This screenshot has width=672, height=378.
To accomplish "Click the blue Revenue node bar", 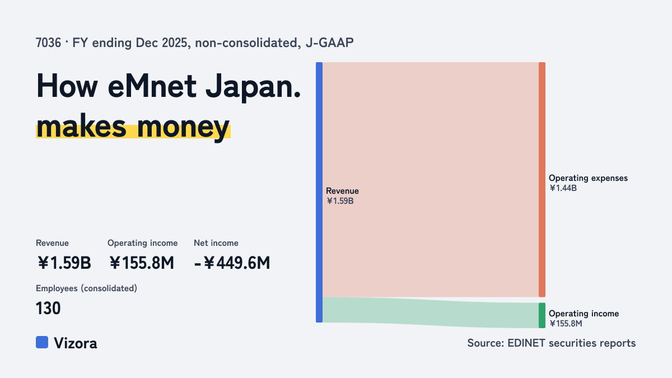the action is [x=319, y=192].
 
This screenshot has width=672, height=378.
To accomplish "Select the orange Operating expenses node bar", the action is [x=542, y=179].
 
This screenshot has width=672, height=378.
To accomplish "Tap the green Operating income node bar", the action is [x=542, y=315].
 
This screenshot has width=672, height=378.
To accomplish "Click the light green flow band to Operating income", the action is [x=431, y=312].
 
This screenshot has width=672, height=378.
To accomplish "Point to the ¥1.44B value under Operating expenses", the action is [x=563, y=188].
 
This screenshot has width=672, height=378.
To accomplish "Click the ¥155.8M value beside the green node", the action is [x=566, y=324].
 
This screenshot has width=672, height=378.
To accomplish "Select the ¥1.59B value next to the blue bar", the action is [x=340, y=201].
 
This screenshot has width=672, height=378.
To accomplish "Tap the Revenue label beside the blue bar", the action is [x=342, y=191].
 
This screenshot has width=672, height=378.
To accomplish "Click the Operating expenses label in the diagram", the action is [x=588, y=178].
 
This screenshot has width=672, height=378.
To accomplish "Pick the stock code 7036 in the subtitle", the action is [x=48, y=43].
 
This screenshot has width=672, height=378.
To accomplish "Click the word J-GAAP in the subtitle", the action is [x=329, y=43].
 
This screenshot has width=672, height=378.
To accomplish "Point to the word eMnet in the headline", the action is [x=152, y=86].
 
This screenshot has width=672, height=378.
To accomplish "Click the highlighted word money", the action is [x=183, y=127].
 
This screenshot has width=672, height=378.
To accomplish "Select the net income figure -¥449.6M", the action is [x=232, y=263].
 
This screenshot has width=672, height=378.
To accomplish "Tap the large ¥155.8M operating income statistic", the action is [x=141, y=263].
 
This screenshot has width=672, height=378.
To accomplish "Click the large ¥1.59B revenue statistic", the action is [x=64, y=263].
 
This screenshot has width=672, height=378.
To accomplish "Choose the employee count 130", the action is [x=48, y=309].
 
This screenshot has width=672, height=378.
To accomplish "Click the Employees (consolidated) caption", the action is [x=86, y=288].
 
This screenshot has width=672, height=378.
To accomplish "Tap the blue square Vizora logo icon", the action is [x=42, y=342].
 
